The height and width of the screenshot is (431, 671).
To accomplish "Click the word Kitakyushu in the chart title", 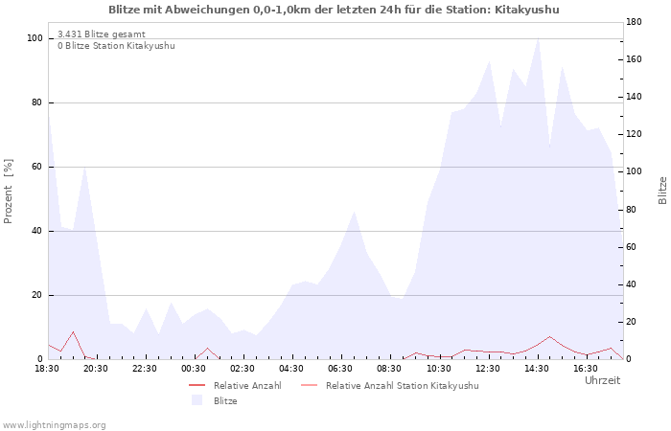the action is [527, 10].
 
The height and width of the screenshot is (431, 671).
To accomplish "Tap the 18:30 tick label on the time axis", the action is [47, 369].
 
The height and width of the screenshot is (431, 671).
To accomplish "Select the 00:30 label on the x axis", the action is [194, 369].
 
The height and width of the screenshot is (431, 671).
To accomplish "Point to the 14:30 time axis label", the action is [537, 369].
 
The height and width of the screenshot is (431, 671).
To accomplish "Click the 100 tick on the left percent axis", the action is [35, 38].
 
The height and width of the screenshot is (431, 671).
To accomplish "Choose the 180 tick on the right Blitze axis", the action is [634, 22].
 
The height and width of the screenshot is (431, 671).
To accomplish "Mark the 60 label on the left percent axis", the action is [37, 167].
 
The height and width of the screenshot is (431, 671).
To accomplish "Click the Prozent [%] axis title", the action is [8, 192].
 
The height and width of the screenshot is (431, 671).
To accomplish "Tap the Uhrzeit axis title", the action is [603, 380].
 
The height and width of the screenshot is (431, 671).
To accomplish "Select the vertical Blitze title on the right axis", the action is [662, 191].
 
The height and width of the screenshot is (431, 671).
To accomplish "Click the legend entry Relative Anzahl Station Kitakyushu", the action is [402, 386].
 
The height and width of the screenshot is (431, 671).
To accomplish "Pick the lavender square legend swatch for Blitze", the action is [197, 400].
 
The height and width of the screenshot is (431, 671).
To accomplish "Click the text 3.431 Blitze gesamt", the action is [102, 34].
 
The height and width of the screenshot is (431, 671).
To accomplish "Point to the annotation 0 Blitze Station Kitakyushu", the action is [116, 46].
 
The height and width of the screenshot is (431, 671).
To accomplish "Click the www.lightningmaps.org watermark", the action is [54, 425].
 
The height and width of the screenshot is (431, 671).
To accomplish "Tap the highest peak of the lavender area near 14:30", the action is [538, 38].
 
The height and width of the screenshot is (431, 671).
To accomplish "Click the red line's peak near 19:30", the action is [73, 331].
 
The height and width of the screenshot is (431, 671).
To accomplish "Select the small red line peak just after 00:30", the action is [208, 348].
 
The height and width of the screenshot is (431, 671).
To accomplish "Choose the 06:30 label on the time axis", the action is [340, 369].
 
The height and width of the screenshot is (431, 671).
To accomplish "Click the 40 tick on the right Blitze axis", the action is [631, 284].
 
